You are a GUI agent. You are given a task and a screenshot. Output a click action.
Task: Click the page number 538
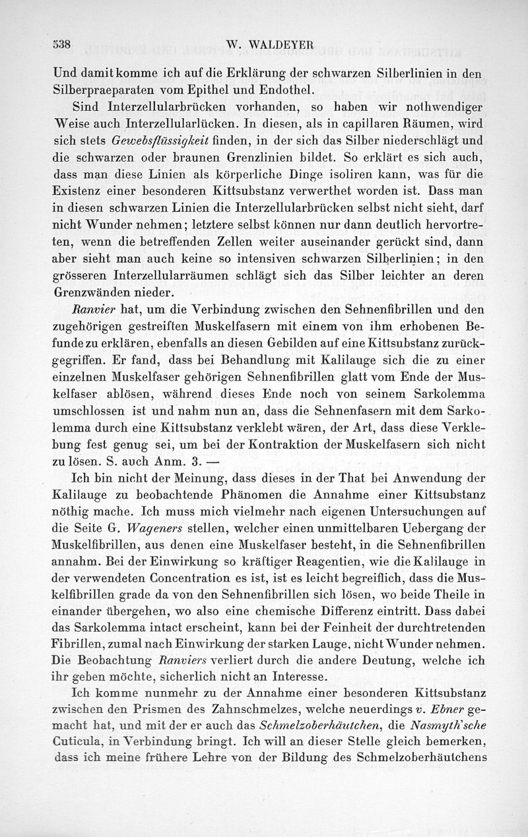(x=61, y=46)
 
